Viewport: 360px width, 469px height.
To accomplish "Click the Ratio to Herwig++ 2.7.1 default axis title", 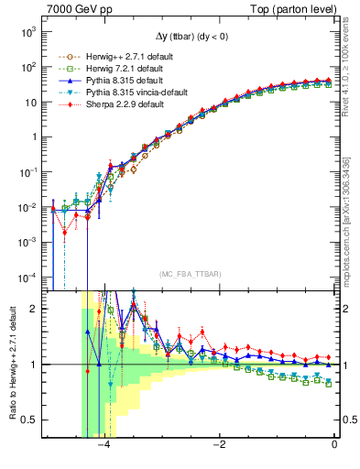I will tap(10, 364).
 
